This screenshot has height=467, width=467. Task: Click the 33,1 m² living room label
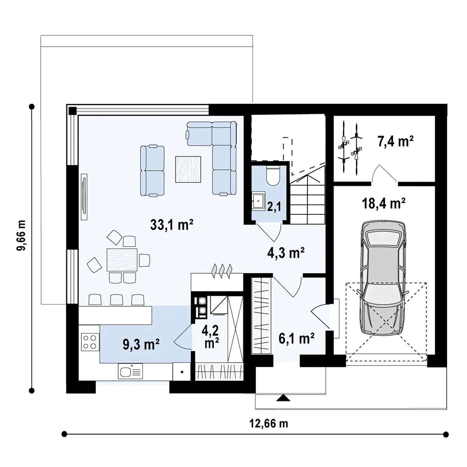172,225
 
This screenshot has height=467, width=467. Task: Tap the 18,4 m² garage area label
384,203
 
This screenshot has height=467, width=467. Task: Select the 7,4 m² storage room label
395,141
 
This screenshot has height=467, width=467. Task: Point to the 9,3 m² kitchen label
141,344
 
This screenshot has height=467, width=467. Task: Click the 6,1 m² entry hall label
297,339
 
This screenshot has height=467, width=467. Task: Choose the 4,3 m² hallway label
286,253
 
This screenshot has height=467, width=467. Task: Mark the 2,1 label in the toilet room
274,207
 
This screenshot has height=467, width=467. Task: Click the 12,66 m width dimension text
269,423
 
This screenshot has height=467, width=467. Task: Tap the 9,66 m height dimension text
21,235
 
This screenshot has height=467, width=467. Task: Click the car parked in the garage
383,278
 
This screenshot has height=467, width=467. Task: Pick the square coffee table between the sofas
188,169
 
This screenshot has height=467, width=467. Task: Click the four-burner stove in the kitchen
90,342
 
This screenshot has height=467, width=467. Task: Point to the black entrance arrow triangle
283,398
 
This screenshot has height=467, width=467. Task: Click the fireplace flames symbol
222,271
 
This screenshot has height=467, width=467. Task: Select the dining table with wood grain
122,260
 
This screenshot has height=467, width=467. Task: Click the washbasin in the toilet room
258,200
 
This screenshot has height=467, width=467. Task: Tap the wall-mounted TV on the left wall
84,197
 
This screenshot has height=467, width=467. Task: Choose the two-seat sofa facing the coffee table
153,170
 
